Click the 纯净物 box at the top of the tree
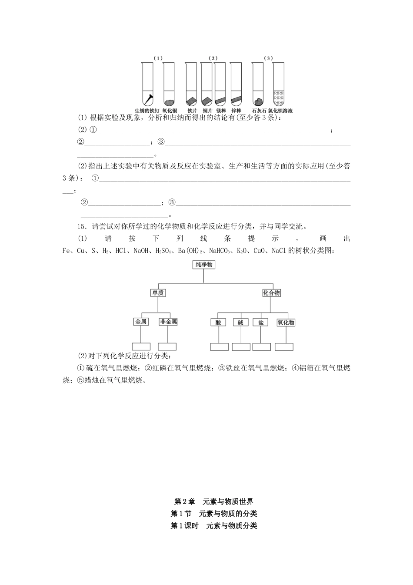[204, 265]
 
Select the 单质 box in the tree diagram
[158, 293]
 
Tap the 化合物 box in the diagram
[271, 293]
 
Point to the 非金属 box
[168, 322]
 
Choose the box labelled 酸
[218, 322]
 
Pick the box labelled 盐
[261, 322]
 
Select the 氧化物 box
[286, 322]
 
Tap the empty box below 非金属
[167, 346]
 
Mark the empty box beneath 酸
[219, 347]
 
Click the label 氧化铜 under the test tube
[169, 111]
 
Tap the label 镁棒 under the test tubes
[221, 111]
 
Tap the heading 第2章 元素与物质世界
[213, 501]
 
